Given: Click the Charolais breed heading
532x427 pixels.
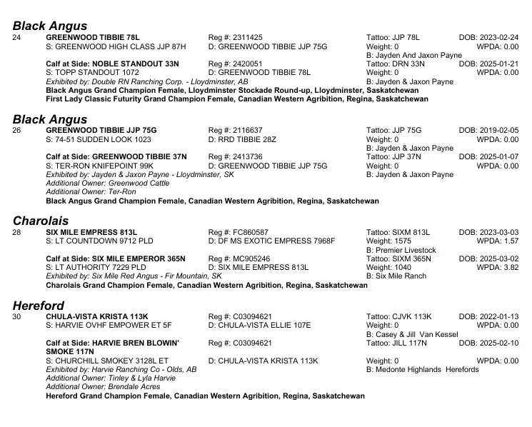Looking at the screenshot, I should click(x=42, y=218).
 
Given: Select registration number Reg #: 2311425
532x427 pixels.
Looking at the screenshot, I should click(x=235, y=37).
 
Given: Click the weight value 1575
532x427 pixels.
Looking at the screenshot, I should click(x=400, y=241).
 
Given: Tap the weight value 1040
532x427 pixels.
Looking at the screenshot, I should click(x=400, y=267).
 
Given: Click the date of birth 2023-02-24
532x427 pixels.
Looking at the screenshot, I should click(x=488, y=37).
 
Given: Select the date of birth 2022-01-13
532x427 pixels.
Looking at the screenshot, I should click(x=488, y=316).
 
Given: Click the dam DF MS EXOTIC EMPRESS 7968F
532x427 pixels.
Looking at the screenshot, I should click(x=271, y=241).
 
